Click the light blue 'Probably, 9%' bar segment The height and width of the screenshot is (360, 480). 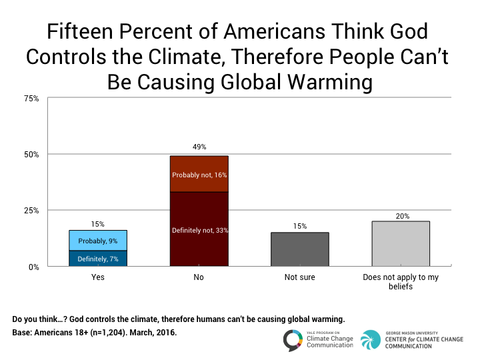tap(98, 241)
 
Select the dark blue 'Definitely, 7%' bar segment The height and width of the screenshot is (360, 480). tap(98, 259)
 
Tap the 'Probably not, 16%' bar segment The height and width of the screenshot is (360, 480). tap(199, 174)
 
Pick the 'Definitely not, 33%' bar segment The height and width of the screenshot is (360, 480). tap(199, 229)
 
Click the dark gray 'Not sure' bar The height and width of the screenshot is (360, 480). tap(300, 249)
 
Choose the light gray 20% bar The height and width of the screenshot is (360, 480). tap(401, 244)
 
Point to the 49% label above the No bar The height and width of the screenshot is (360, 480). tap(199, 147)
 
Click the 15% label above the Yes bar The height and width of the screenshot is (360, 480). tap(98, 224)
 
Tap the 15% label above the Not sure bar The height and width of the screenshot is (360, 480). tap(300, 226)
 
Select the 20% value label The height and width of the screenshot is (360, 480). tap(401, 215)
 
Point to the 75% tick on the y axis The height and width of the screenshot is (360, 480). tap(31, 98)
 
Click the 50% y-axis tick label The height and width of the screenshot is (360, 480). tap(31, 154)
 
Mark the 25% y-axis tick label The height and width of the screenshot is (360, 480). tap(31, 210)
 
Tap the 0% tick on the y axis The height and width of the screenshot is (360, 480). tap(33, 267)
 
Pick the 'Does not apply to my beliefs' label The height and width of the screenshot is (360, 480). tap(401, 282)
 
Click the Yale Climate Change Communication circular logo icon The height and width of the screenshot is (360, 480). tap(294, 340)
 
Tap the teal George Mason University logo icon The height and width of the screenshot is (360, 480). tap(371, 339)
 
